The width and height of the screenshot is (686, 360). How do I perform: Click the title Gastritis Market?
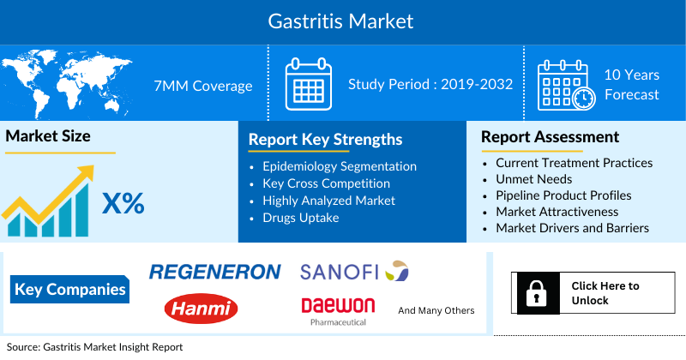[342, 21]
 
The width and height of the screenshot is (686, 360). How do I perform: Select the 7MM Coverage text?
[202, 86]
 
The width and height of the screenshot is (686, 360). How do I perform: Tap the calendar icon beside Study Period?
[307, 84]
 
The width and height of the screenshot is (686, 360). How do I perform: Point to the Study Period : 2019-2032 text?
[430, 84]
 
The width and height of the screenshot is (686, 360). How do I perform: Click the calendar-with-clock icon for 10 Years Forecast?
[564, 85]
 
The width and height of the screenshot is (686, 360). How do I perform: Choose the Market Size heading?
[48, 135]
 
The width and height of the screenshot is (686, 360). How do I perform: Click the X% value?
[123, 204]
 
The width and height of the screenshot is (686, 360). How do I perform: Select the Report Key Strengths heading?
[325, 139]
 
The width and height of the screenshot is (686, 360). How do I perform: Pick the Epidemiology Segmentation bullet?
[340, 166]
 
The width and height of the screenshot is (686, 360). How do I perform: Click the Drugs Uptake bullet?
[300, 218]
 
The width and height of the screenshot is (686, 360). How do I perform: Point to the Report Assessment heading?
[550, 136]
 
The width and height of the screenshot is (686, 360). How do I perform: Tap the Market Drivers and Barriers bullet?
[572, 228]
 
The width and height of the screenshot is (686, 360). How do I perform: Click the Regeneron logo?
[214, 273]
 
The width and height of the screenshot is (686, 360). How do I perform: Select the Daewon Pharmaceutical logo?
[338, 310]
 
